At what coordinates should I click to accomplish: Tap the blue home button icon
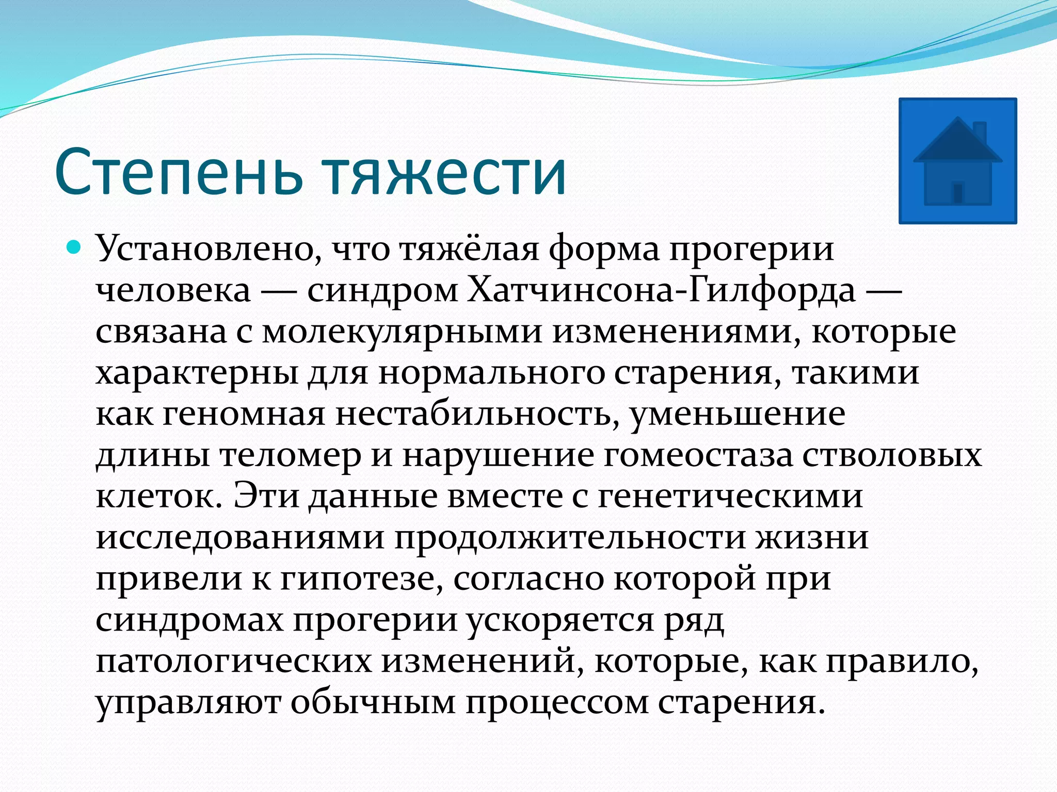click(957, 161)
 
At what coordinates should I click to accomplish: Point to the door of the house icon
click(957, 193)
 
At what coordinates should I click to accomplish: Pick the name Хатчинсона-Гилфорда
click(662, 290)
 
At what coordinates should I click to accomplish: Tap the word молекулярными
click(403, 331)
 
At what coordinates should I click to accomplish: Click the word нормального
click(491, 372)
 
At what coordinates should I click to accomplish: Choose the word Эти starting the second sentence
click(266, 496)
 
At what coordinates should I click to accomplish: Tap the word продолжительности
click(570, 537)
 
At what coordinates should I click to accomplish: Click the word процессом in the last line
click(557, 702)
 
